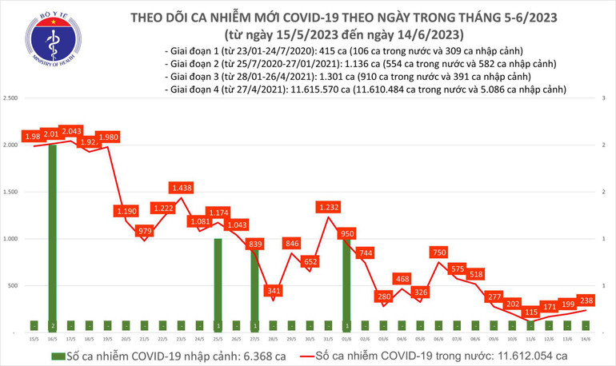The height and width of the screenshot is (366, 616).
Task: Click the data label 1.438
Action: pos(182,188)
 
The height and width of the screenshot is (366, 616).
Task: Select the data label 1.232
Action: pos(328,207)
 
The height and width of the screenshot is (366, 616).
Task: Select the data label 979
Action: pos(146,231)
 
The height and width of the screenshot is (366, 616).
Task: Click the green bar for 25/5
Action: pos(218,284)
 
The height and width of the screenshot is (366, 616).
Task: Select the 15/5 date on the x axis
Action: pos(34,338)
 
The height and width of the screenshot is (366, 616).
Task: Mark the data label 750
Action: pos(438,252)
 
